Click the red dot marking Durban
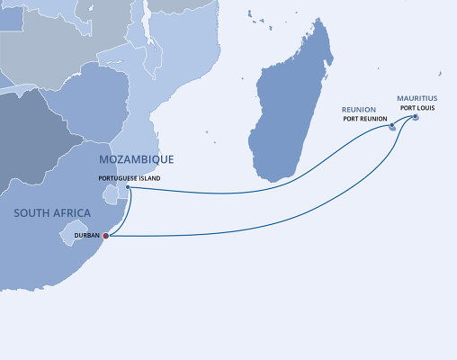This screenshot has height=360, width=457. (x=105, y=236)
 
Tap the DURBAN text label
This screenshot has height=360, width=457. (x=87, y=236)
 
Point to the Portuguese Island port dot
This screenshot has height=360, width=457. (x=128, y=187)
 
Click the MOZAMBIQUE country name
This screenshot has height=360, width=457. (x=136, y=159)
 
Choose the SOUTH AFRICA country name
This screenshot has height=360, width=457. (x=52, y=212)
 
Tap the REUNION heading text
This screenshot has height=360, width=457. (x=358, y=109)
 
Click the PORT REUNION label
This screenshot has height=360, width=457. (x=363, y=118)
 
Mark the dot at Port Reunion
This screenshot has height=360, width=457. (x=392, y=126)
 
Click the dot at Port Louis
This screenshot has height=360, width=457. (x=415, y=115)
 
